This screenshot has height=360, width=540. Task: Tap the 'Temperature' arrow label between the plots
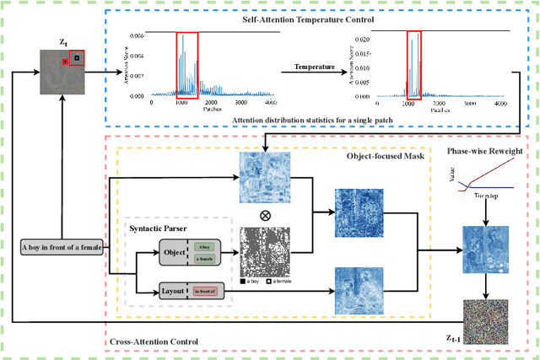315,65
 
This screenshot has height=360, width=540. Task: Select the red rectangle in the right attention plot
413,62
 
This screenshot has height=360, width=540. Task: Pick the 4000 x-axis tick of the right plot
499,104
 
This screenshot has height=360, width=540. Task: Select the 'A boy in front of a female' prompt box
62,246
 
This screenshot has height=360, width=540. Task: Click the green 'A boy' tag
206,247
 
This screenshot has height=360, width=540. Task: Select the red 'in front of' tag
206,291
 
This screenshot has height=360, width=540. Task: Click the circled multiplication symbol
265,216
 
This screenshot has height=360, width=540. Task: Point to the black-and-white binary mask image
265,252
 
